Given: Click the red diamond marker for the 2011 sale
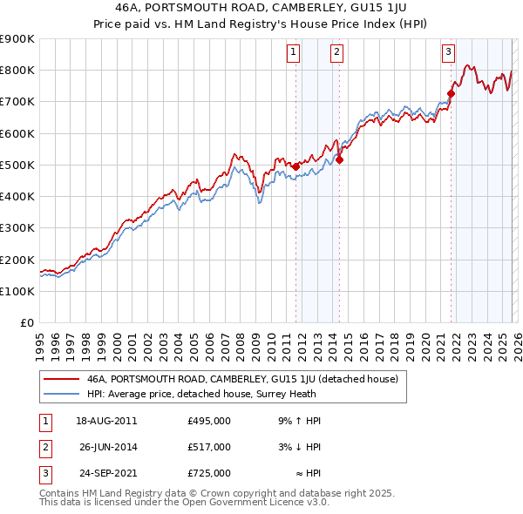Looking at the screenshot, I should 295,166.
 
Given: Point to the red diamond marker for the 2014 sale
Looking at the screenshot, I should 339,159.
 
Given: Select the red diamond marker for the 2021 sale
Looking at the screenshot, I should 451,93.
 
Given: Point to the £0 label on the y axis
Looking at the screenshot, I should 27,322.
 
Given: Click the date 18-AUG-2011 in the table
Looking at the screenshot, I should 106,421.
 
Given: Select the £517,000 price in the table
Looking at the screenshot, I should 209,447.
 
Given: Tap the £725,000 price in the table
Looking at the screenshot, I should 209,473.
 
